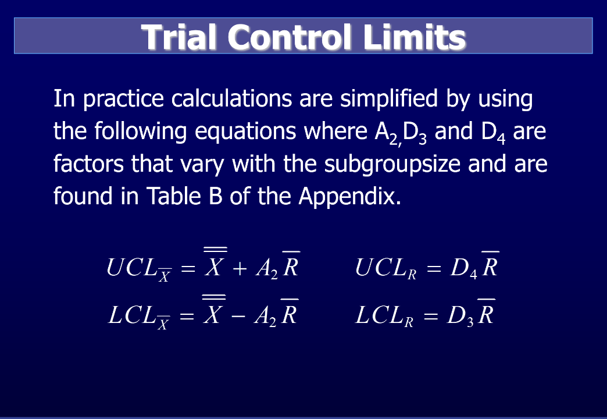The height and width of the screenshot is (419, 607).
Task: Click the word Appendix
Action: [349, 197]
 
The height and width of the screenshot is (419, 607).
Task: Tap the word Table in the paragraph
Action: [168, 197]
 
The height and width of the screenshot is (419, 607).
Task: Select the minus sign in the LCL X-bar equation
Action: [238, 317]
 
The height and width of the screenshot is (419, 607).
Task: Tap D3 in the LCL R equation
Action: [460, 317]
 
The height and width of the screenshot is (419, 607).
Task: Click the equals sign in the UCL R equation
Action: [433, 269]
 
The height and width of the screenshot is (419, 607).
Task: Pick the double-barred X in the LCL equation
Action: [213, 314]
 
